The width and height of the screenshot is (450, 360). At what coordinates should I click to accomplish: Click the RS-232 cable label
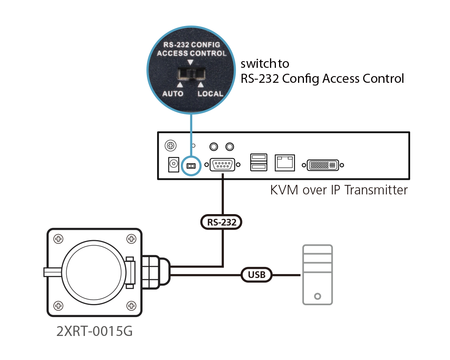coord(221,222)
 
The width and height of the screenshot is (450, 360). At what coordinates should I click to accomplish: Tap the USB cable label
coord(257,274)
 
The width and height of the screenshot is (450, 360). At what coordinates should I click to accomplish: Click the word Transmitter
coord(376,190)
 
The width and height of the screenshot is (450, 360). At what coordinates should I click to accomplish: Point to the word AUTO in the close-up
coord(173,94)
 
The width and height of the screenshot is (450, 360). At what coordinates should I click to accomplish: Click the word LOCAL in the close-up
coord(210,94)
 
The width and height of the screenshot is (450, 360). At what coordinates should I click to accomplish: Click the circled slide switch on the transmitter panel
coord(191,166)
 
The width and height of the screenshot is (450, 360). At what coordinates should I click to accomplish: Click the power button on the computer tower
coord(318,296)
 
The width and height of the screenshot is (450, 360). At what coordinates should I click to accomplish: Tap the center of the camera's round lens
coord(92,272)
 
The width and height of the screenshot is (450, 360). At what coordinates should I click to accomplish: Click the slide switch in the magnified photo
coord(191,74)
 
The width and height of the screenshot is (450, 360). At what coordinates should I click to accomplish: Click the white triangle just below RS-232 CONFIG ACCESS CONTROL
coord(191,62)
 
